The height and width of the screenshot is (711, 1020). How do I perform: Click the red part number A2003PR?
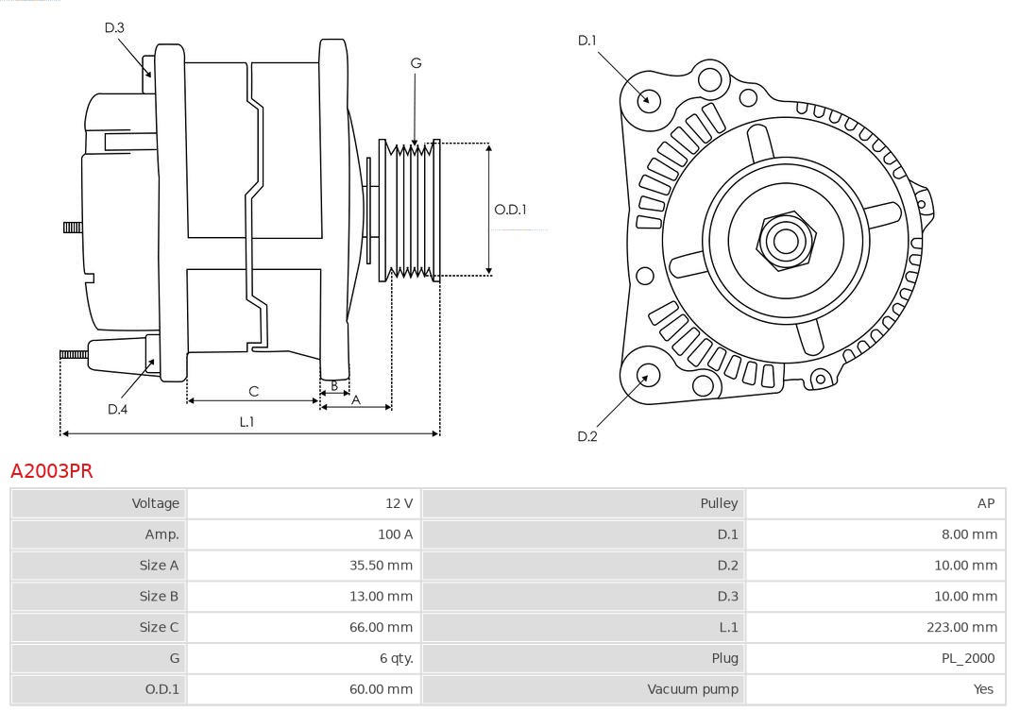tap(52, 470)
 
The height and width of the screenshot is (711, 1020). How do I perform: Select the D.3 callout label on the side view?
tap(114, 27)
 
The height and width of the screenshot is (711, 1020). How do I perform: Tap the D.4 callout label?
tap(117, 409)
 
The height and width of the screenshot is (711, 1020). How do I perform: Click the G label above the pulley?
tap(416, 63)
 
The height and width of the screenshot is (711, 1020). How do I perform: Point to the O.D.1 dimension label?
tap(510, 210)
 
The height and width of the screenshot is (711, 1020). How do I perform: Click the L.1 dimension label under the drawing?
tap(246, 422)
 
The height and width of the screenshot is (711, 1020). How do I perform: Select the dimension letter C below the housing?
tap(253, 391)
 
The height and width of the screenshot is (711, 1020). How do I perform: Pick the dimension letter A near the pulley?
tap(356, 399)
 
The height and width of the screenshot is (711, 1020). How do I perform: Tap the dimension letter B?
tap(333, 385)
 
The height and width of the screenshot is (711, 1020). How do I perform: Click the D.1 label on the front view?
tap(587, 41)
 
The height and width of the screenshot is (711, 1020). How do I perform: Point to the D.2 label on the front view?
tap(587, 436)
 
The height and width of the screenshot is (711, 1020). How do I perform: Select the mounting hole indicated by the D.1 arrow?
tap(649, 98)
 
